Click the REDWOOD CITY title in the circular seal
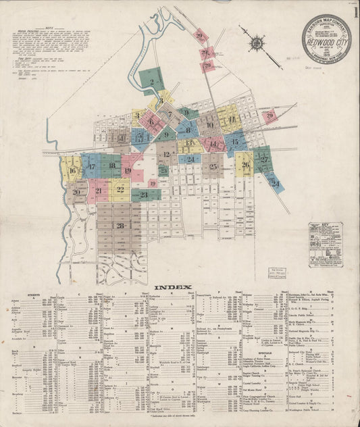pyautogui.click(x=326, y=40)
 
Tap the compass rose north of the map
pyautogui.click(x=257, y=43)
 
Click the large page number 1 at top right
pyautogui.click(x=354, y=11)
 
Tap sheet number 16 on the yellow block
pyautogui.click(x=72, y=170)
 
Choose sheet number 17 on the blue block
pyautogui.click(x=91, y=166)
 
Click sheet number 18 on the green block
pyautogui.click(x=111, y=166)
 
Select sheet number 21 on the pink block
pyautogui.click(x=99, y=191)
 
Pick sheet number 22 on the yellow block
pyautogui.click(x=120, y=190)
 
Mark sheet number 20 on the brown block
pyautogui.click(x=76, y=193)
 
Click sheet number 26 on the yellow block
pyautogui.click(x=245, y=164)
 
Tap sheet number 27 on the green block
pyautogui.click(x=264, y=159)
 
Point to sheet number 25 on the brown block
pyautogui.click(x=213, y=166)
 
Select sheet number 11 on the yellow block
pyautogui.click(x=232, y=120)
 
